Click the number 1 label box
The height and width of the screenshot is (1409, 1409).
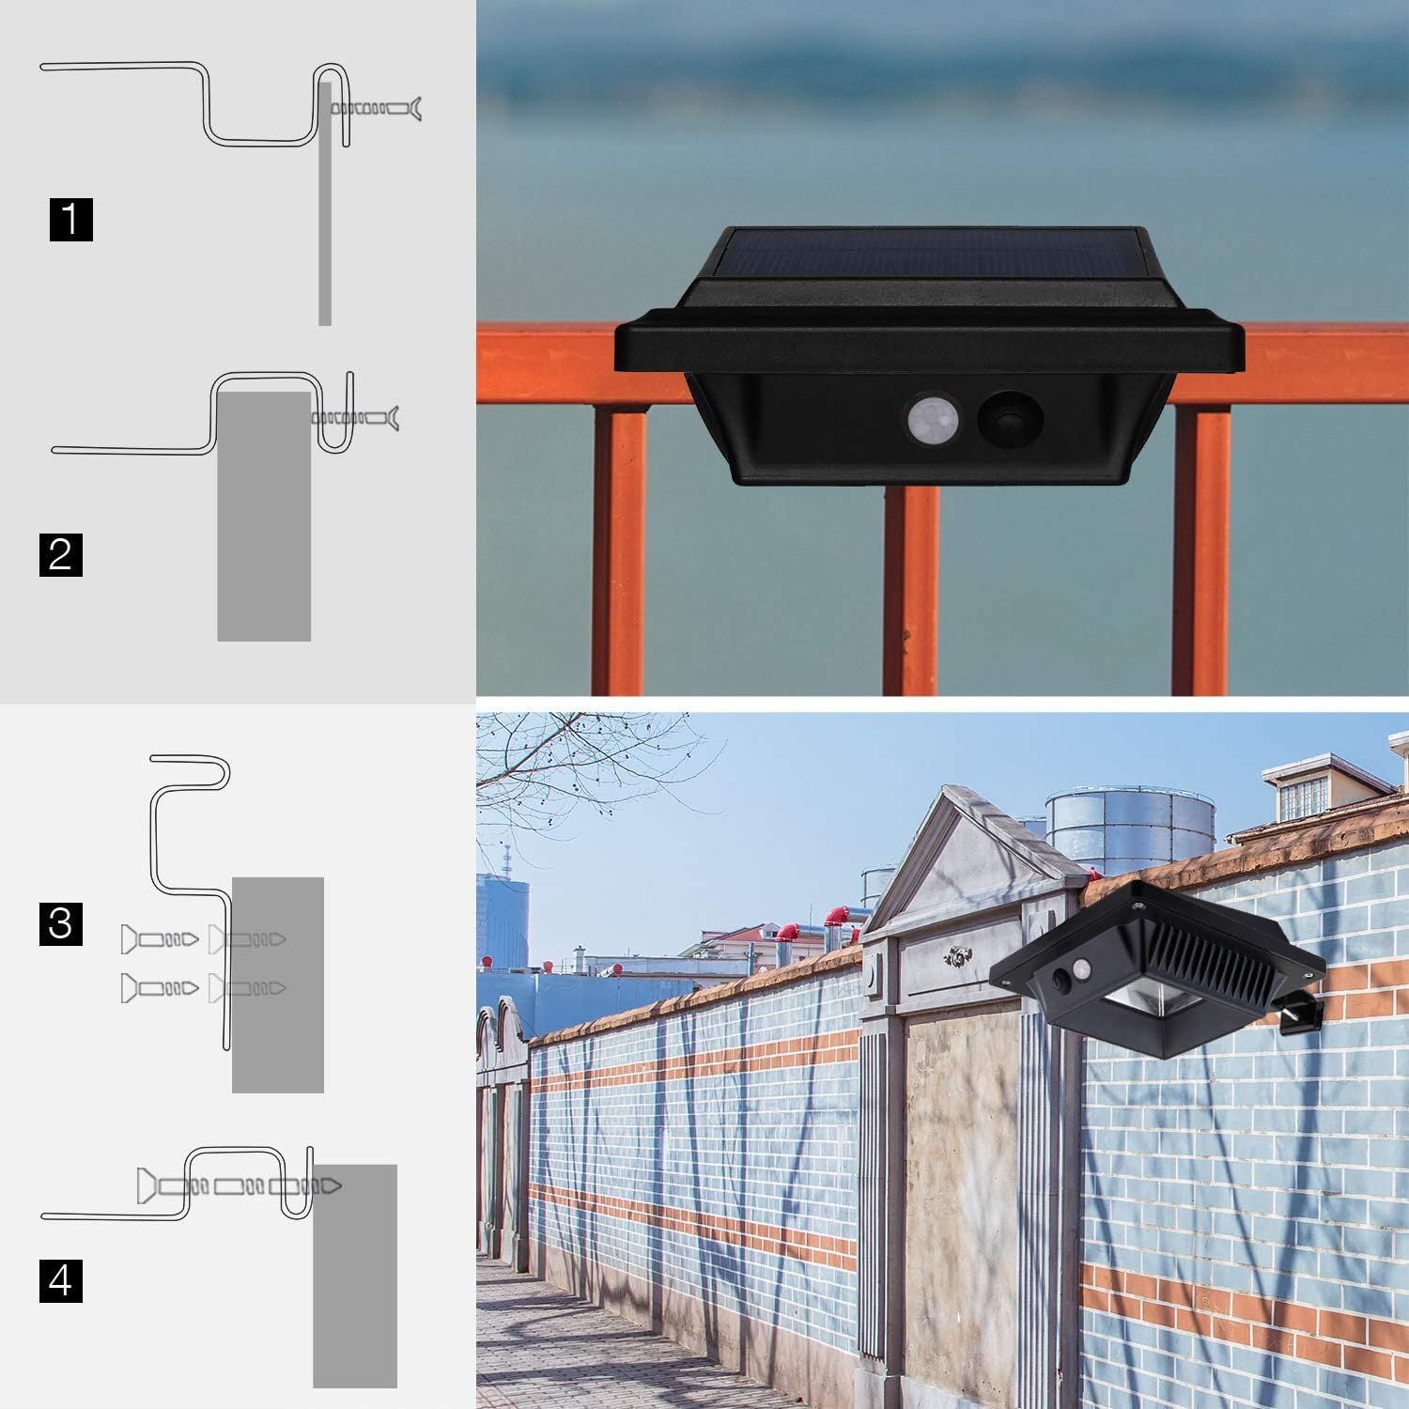[x=71, y=219]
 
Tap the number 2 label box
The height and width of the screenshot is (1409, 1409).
[x=61, y=553]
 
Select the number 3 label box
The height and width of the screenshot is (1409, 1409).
[x=61, y=922]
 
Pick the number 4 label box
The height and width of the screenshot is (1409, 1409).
[x=61, y=1280]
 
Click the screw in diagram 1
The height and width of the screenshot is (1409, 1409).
[x=376, y=110]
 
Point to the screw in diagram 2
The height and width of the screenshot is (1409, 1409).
[x=354, y=417]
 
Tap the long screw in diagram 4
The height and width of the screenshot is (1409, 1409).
[x=240, y=1186]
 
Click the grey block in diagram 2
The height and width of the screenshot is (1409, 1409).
[x=264, y=516]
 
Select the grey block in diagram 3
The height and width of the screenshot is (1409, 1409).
[x=278, y=984]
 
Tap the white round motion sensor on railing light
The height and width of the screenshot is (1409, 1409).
[x=931, y=417]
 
